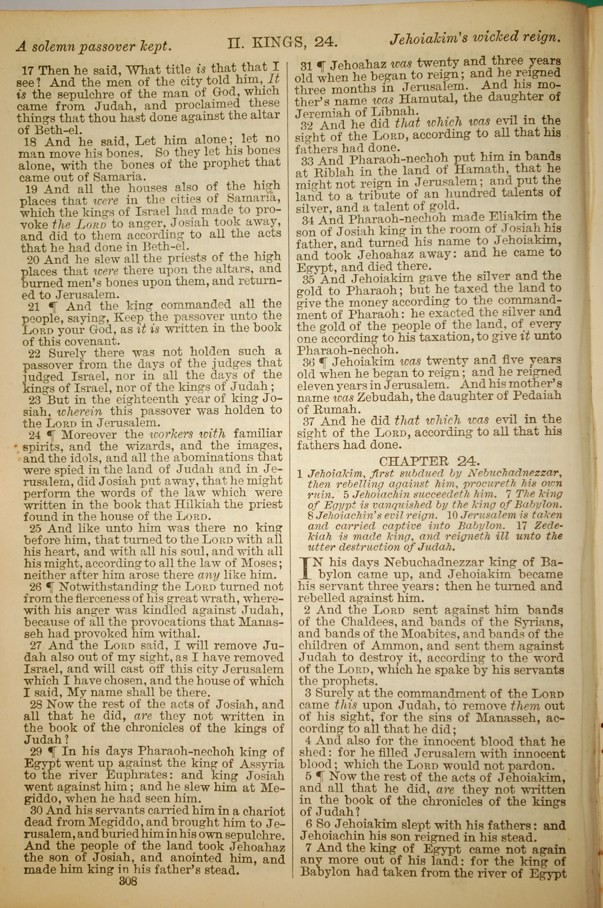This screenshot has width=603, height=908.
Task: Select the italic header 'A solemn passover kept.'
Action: click(93, 46)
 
